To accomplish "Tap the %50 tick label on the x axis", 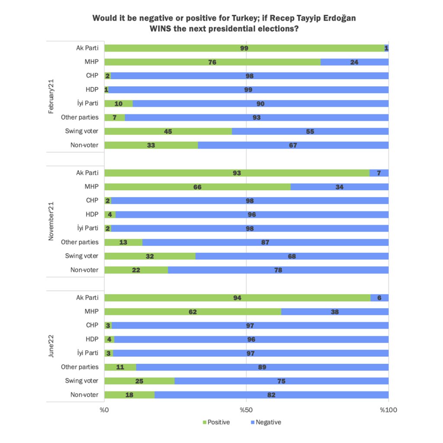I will click(246, 410).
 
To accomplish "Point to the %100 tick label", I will click(388, 410).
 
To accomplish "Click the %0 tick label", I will click(104, 410).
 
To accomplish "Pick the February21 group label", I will click(51, 96).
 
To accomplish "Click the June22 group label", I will click(51, 346).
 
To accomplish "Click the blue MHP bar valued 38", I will click(334, 311).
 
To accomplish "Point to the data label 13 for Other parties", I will click(123, 242).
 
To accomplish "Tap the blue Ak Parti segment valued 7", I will click(379, 173).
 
